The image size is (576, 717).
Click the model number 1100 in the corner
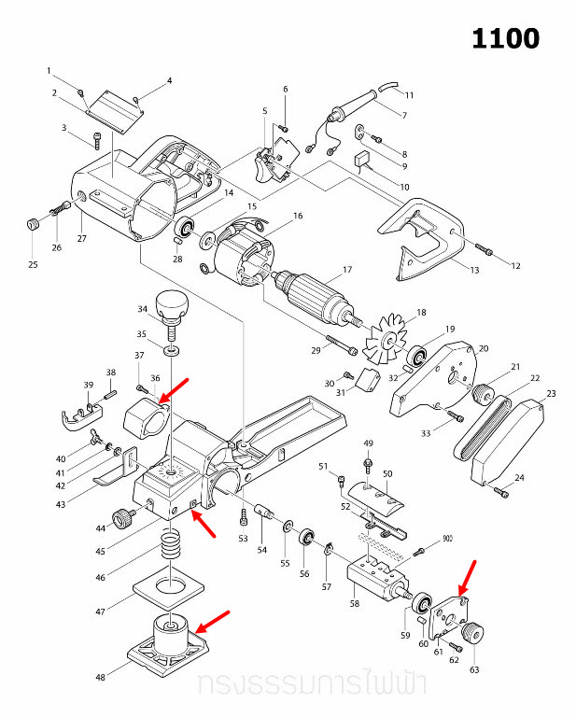(505, 38)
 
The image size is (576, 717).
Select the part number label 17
(347, 270)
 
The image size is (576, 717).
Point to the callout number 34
(143, 309)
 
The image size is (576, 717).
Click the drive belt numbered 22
(483, 425)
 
